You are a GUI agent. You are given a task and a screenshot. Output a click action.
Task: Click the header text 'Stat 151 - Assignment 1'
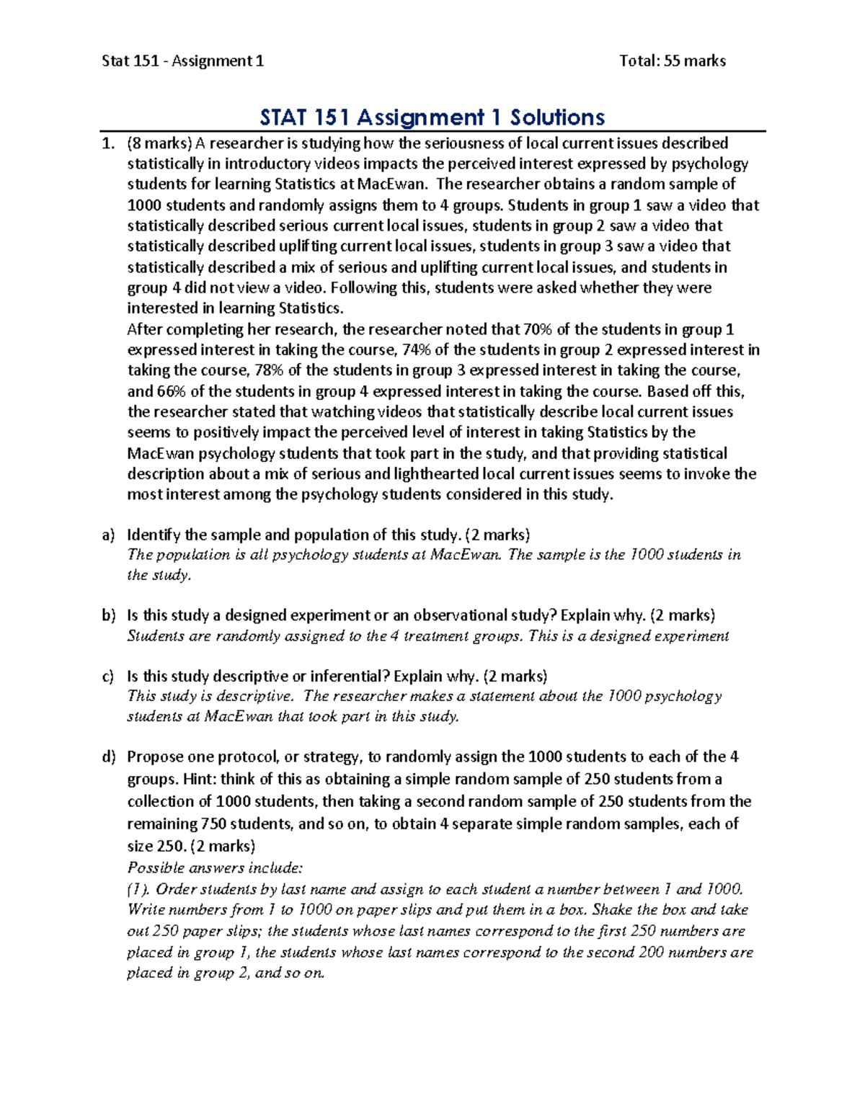182,61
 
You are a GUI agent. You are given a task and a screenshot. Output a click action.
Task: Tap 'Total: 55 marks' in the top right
672,61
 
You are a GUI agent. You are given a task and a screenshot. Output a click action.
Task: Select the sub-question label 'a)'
108,535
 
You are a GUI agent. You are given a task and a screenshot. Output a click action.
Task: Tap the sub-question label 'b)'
108,616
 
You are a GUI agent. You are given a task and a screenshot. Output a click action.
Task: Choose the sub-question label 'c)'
108,677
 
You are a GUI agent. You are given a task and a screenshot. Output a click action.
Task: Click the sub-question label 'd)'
108,757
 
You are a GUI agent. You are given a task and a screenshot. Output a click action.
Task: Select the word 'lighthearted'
437,474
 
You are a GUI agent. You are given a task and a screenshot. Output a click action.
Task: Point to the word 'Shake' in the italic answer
611,910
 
